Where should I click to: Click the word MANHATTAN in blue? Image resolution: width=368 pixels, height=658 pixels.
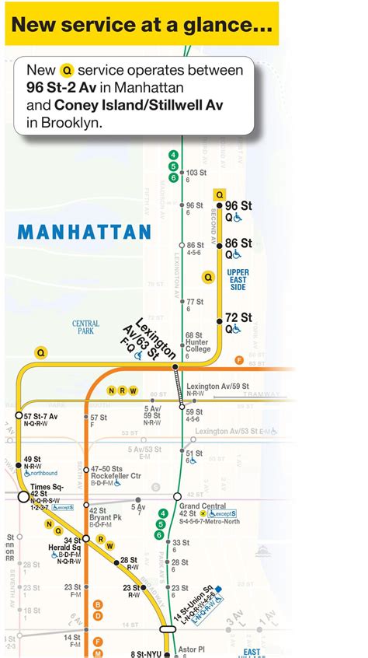pyautogui.click(x=84, y=232)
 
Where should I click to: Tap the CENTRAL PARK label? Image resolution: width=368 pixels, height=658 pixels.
pyautogui.click(x=85, y=327)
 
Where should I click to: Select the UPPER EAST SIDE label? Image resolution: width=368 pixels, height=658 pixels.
pyautogui.click(x=238, y=280)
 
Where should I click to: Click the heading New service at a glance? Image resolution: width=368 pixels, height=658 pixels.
pyautogui.click(x=141, y=26)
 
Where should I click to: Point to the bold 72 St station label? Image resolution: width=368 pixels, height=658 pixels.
pyautogui.click(x=238, y=317)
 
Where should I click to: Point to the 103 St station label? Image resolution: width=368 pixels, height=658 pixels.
pyautogui.click(x=196, y=172)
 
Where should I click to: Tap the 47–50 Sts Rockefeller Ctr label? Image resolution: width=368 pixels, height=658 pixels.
pyautogui.click(x=115, y=474)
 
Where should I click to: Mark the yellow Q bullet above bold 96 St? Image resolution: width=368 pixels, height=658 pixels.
pyautogui.click(x=220, y=195)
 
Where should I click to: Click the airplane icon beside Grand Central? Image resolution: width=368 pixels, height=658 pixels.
pyautogui.click(x=203, y=514)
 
